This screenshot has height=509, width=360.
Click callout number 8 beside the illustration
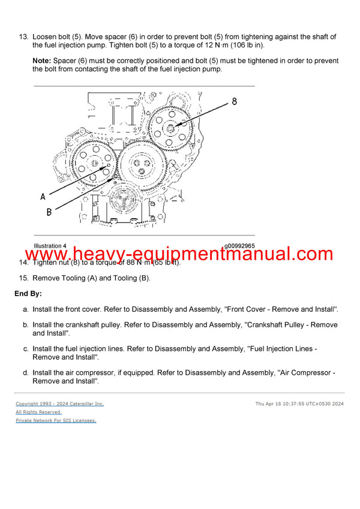click(234, 101)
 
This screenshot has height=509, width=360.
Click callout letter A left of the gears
click(43, 196)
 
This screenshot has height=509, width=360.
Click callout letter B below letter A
click(49, 212)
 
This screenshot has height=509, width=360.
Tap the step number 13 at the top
click(23, 37)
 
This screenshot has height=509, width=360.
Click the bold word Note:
click(41, 61)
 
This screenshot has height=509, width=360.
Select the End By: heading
click(28, 294)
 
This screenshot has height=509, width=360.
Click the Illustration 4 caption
click(50, 246)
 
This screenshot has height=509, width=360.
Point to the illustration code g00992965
click(239, 246)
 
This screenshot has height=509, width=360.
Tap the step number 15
click(23, 278)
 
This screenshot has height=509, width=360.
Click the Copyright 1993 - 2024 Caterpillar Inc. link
click(59, 403)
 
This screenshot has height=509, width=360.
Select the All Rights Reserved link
click(38, 412)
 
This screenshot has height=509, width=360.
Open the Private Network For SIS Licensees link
click(56, 420)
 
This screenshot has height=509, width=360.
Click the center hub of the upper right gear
click(170, 127)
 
